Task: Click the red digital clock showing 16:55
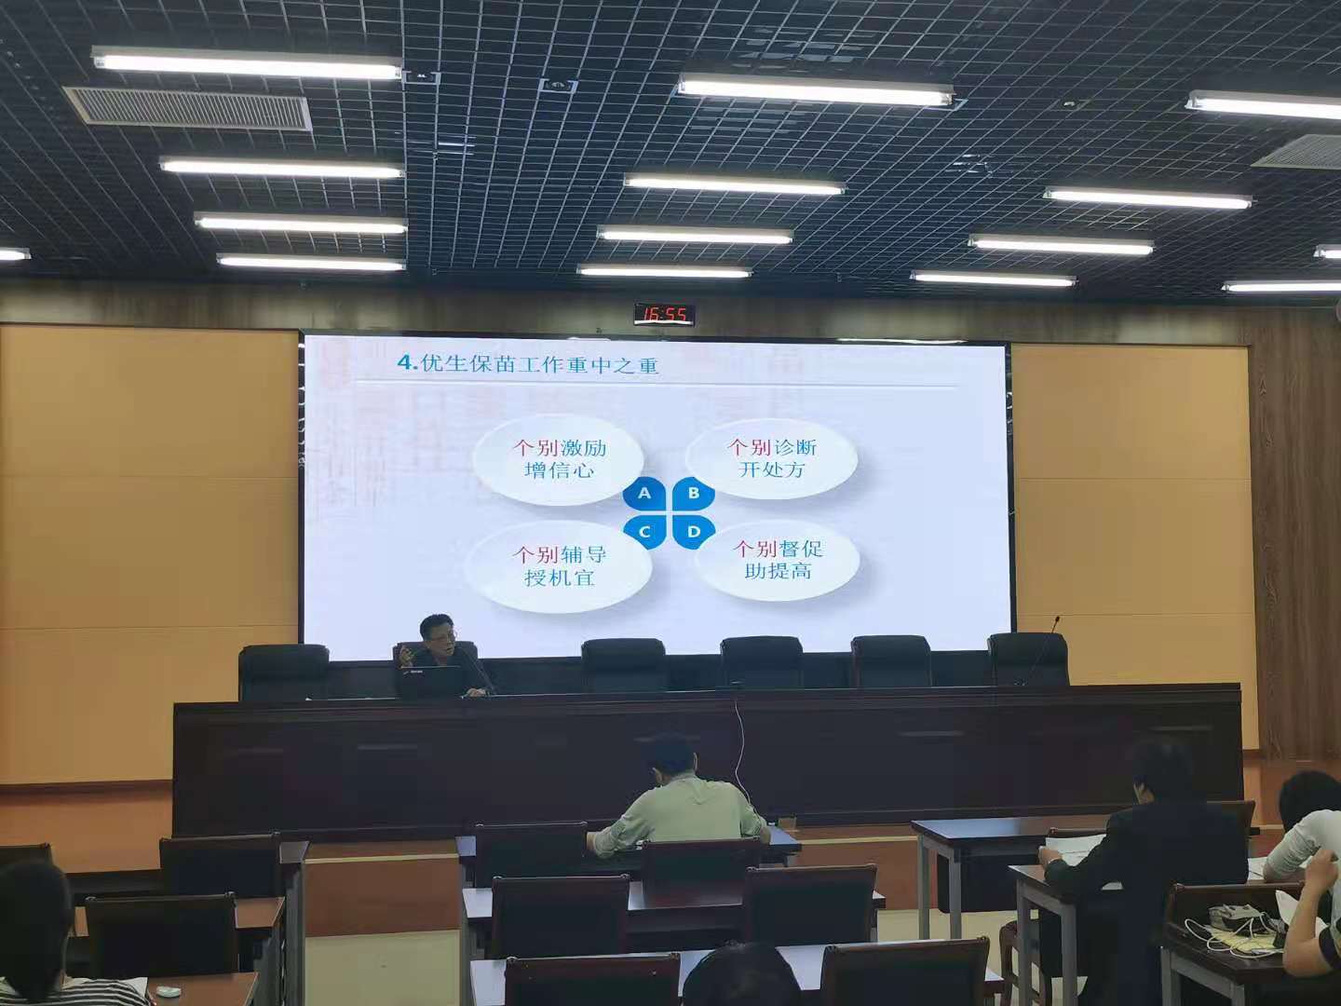(x=664, y=314)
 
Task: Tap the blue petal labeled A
(x=643, y=494)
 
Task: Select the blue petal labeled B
(x=694, y=494)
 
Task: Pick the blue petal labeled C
(x=643, y=532)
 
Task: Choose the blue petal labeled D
(x=694, y=532)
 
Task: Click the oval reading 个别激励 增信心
(x=559, y=459)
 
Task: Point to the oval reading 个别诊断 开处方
(x=771, y=458)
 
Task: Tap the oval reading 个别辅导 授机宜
(x=559, y=566)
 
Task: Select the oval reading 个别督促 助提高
(x=778, y=560)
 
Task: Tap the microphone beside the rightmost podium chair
(x=1043, y=650)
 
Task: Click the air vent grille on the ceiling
(x=188, y=109)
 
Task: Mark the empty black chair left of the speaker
(x=283, y=672)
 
